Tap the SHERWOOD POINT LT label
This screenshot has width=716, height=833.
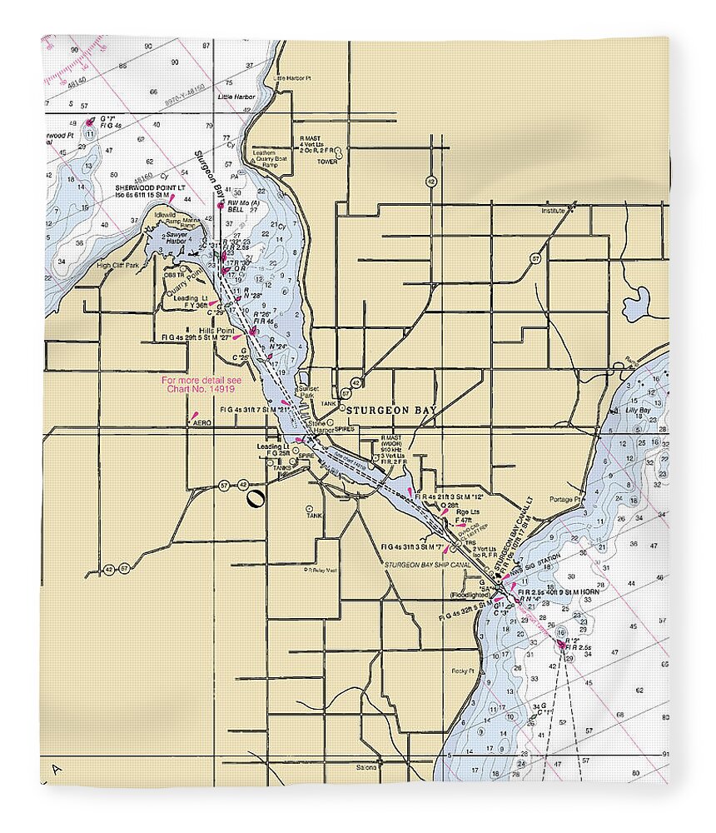(148, 188)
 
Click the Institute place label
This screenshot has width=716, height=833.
(552, 212)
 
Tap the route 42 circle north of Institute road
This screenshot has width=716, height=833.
(430, 181)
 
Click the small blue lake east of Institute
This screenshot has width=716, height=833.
(636, 305)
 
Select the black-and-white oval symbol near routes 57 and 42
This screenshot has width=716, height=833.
(255, 499)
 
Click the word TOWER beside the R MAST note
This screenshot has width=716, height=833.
(326, 162)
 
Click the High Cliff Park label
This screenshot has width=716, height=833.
(117, 266)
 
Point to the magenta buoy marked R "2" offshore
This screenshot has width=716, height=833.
(562, 645)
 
